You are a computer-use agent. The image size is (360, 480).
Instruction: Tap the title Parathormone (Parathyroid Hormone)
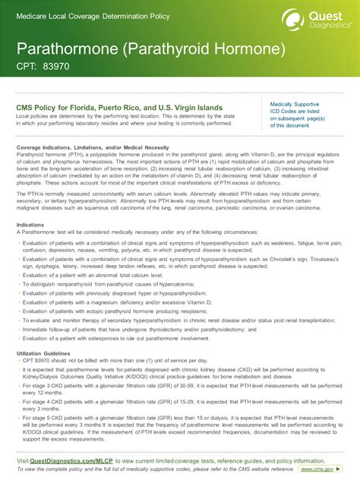(151, 49)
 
